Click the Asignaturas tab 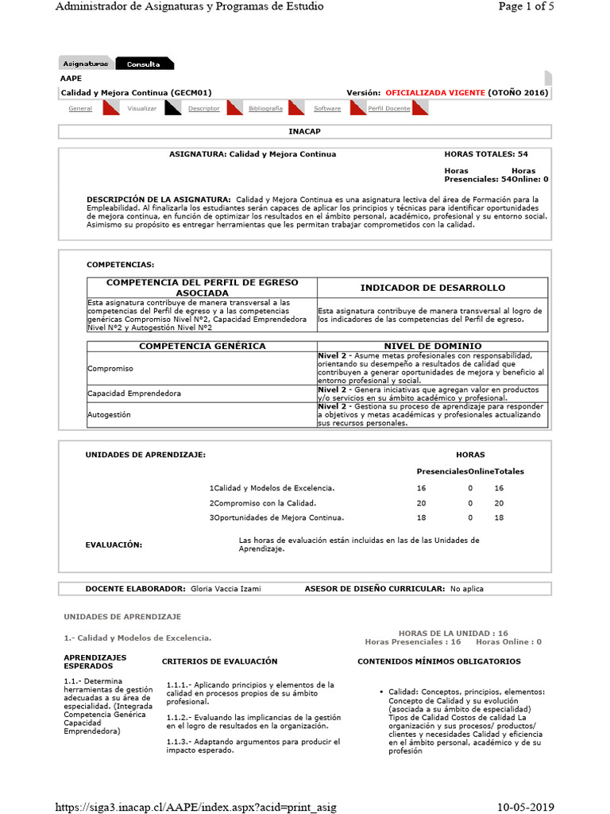point(86,64)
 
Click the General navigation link point(80,108)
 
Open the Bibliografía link point(264,108)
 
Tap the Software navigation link point(327,108)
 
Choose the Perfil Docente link point(389,108)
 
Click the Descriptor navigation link point(204,108)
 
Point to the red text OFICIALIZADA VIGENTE point(434,93)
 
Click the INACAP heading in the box point(304,130)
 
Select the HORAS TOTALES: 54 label point(486,154)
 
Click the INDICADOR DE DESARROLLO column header point(432,288)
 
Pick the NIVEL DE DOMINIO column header point(432,346)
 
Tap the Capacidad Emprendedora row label point(123,393)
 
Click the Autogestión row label point(109,415)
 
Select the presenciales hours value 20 point(422,503)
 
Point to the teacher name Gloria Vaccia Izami point(226,589)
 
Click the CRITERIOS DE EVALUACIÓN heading point(220,661)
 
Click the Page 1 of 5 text point(525,6)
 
